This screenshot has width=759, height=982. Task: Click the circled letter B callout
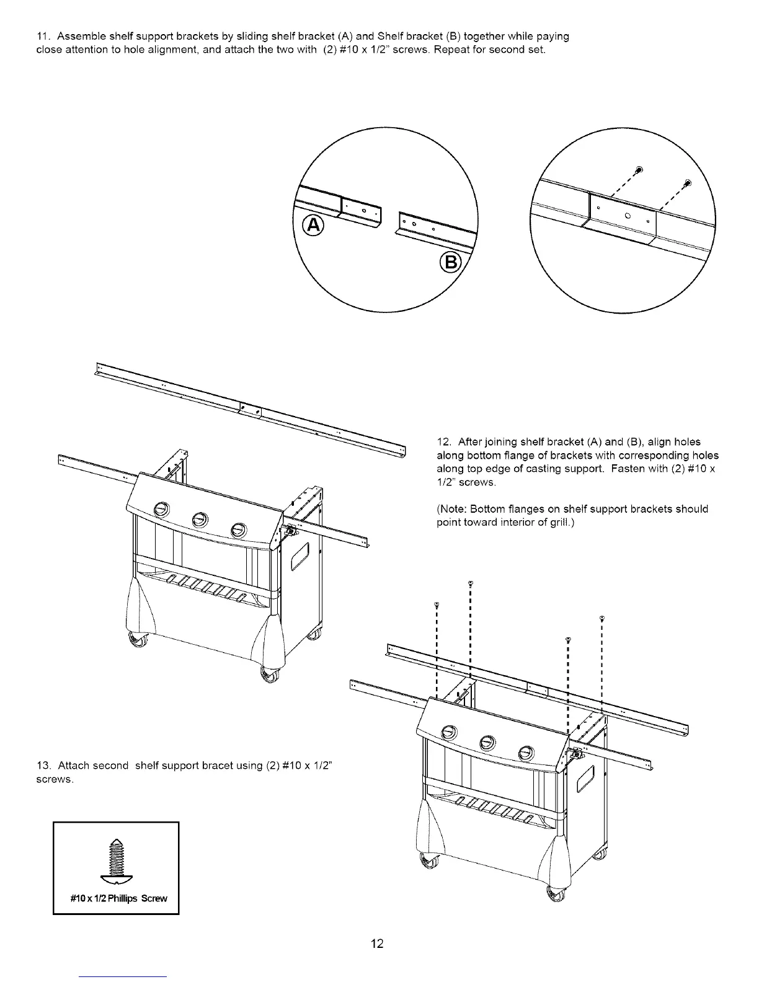(451, 263)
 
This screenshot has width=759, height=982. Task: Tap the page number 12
(378, 944)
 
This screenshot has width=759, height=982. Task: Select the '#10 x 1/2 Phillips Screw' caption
(117, 899)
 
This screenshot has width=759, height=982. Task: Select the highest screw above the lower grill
(471, 583)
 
